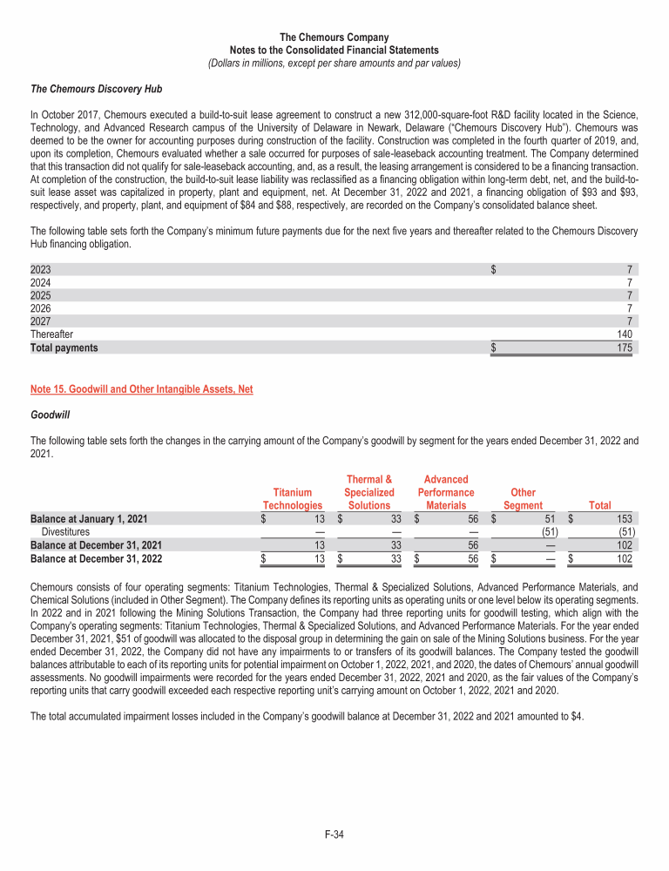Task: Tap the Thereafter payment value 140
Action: (x=623, y=334)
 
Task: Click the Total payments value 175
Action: (x=623, y=348)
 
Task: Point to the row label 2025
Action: (x=41, y=295)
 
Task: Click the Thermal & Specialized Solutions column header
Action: (x=368, y=492)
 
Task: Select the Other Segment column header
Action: (x=523, y=498)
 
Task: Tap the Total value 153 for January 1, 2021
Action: (x=622, y=520)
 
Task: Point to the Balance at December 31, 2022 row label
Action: (x=89, y=559)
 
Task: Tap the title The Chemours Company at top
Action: (x=334, y=37)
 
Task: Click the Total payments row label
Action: (x=64, y=348)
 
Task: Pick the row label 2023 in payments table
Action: (x=41, y=269)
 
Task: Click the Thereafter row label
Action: (x=52, y=334)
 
